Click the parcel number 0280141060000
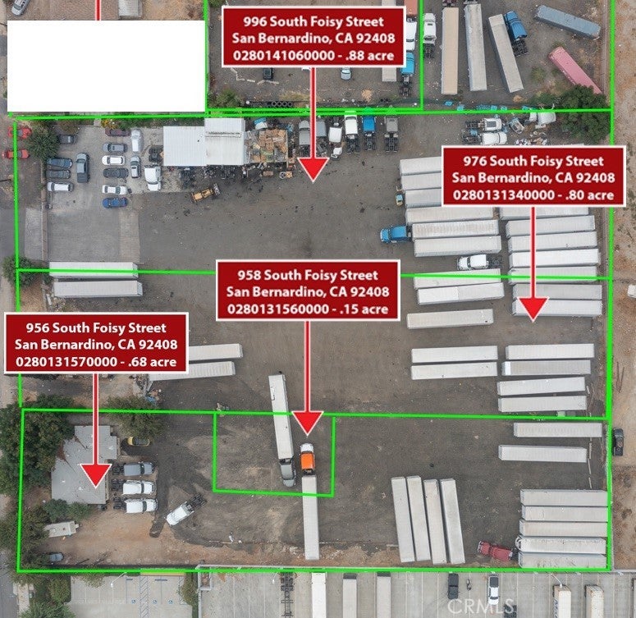click(284, 56)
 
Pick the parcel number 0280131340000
click(504, 195)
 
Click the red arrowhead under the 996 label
click(313, 169)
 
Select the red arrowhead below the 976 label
click(533, 309)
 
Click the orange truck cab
click(308, 460)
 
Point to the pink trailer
click(574, 71)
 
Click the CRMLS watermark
click(481, 607)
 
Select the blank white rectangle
click(106, 66)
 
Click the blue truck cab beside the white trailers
click(395, 234)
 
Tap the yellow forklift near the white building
click(206, 193)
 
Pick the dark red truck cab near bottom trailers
click(495, 551)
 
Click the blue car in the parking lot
click(115, 202)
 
